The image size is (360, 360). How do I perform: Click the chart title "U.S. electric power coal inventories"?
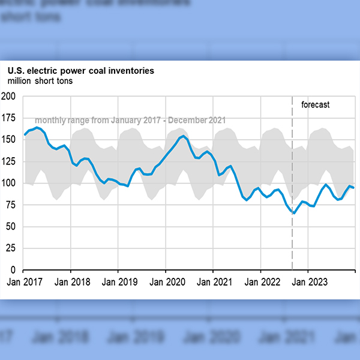80,71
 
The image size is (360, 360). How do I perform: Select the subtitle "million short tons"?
40,81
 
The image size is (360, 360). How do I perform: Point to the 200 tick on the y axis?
9,96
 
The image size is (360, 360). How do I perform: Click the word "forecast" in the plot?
315,105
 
